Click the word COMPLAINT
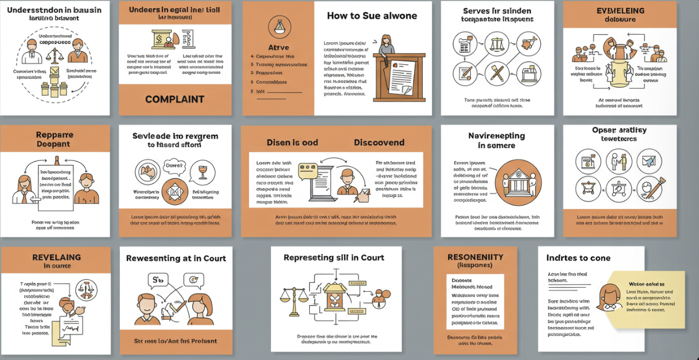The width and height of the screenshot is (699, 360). [x=174, y=99]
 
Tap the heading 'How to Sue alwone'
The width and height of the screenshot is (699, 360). [x=372, y=16]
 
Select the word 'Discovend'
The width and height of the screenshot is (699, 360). [x=379, y=142]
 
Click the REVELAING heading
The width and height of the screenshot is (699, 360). [x=56, y=258]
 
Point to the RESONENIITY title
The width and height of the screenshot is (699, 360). [x=475, y=257]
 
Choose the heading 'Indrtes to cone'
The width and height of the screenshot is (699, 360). [x=579, y=258]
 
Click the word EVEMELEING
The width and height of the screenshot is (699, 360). [x=620, y=11]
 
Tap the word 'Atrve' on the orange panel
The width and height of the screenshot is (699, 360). [x=278, y=47]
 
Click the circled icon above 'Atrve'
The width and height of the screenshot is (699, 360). [x=279, y=26]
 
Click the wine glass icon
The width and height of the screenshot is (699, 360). [x=203, y=171]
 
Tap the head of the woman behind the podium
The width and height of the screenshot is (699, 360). [x=386, y=42]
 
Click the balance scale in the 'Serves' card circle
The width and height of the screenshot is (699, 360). [x=497, y=44]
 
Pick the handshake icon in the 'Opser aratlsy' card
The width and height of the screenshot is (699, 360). [x=619, y=160]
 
